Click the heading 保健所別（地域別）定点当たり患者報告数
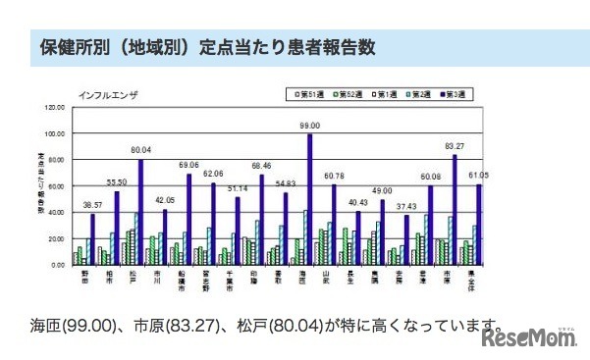click(x=206, y=46)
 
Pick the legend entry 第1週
click(x=388, y=94)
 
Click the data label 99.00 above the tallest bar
click(x=310, y=127)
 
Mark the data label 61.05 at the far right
click(x=477, y=174)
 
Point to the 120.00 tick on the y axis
click(x=54, y=107)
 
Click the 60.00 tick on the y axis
click(x=55, y=185)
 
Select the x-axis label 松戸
click(x=134, y=279)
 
